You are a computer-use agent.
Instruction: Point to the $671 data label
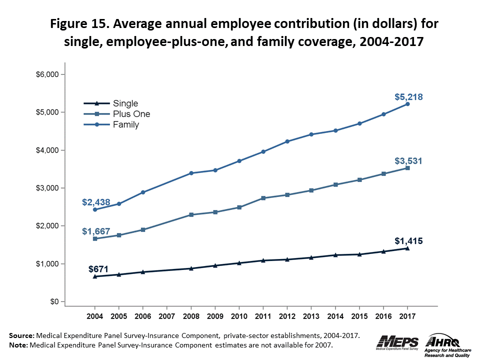[x=98, y=269]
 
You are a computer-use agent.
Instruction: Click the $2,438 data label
[x=95, y=202]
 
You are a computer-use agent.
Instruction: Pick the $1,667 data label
[x=95, y=231]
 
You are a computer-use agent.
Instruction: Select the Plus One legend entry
[x=131, y=114]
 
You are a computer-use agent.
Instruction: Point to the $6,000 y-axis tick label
[x=49, y=74]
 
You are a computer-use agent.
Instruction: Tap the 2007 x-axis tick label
[x=166, y=317]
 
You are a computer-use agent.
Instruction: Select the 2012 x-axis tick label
[x=287, y=317]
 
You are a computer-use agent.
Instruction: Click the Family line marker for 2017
[x=407, y=104]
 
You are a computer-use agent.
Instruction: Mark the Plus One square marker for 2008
[x=191, y=214]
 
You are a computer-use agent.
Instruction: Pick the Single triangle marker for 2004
[x=94, y=276]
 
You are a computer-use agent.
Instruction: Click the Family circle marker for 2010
[x=239, y=161]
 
